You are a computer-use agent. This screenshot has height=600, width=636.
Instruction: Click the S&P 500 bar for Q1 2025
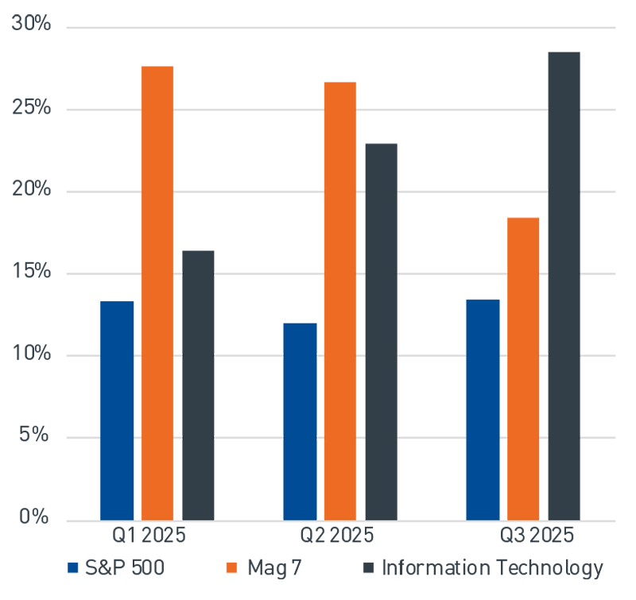(x=117, y=411)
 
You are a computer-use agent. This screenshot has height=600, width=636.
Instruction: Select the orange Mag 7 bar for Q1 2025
(x=157, y=293)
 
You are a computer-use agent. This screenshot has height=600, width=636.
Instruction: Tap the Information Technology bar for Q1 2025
(x=198, y=385)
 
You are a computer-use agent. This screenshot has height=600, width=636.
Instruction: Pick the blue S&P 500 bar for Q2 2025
(x=300, y=422)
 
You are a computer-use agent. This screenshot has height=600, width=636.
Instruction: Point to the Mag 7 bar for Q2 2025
(x=340, y=301)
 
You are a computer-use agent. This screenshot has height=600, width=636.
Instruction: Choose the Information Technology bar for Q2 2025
(x=381, y=332)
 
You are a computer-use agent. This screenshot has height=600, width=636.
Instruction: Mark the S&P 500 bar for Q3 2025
(x=483, y=410)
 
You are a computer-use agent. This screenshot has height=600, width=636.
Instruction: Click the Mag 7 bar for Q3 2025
(x=523, y=369)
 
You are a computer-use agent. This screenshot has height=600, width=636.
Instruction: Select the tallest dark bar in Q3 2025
(x=564, y=286)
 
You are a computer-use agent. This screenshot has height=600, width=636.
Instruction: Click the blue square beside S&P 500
(x=73, y=568)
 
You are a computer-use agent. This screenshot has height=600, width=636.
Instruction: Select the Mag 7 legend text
(x=275, y=568)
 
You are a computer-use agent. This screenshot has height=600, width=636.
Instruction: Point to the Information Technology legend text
(x=492, y=568)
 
